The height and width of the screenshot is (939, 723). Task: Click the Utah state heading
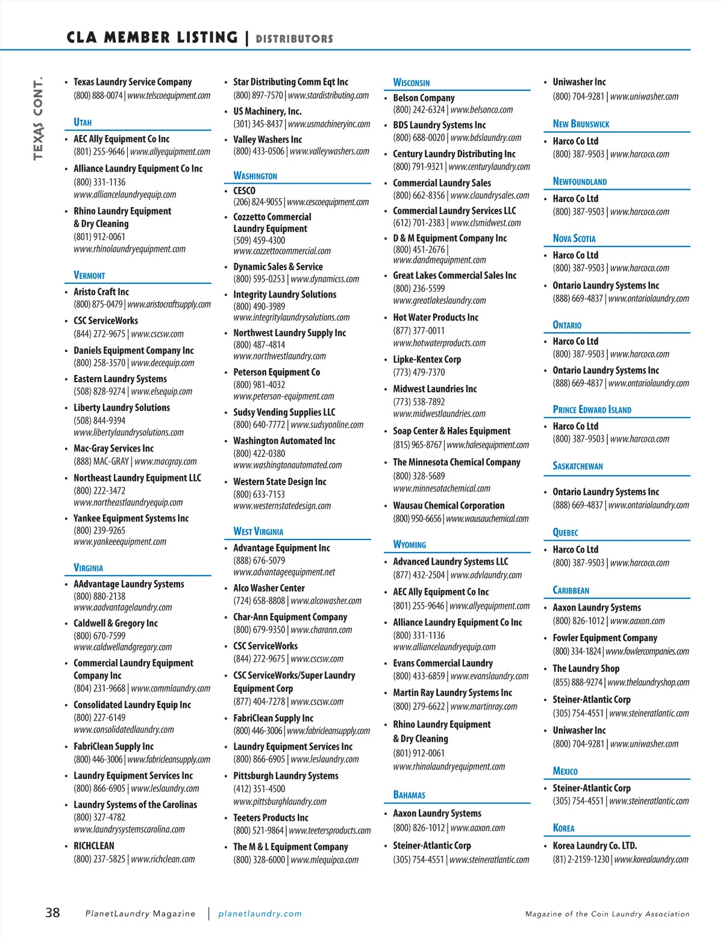click(83, 122)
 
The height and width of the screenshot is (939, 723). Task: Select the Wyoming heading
click(409, 544)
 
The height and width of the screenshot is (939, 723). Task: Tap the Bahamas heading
click(409, 795)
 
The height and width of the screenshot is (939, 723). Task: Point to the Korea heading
click(563, 828)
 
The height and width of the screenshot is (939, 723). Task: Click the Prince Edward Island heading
click(592, 410)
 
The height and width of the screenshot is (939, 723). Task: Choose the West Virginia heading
click(258, 532)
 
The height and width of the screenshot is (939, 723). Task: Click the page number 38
click(53, 912)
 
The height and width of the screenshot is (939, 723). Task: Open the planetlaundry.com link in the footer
click(260, 914)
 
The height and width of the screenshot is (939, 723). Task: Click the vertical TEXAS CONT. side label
click(39, 118)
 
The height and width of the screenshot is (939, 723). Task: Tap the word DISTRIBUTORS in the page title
click(294, 39)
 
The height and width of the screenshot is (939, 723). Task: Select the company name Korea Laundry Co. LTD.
click(595, 846)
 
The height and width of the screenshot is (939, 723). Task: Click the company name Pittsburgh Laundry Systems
click(286, 776)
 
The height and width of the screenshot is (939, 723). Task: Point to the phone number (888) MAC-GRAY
click(101, 462)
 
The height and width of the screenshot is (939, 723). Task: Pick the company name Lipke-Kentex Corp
click(427, 359)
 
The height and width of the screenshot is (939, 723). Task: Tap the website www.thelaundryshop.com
click(648, 682)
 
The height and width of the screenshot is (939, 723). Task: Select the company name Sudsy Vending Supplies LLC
click(284, 412)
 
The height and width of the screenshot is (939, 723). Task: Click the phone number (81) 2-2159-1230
click(581, 859)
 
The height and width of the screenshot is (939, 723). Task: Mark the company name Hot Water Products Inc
click(436, 317)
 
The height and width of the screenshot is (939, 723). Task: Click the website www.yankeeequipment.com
click(120, 542)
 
